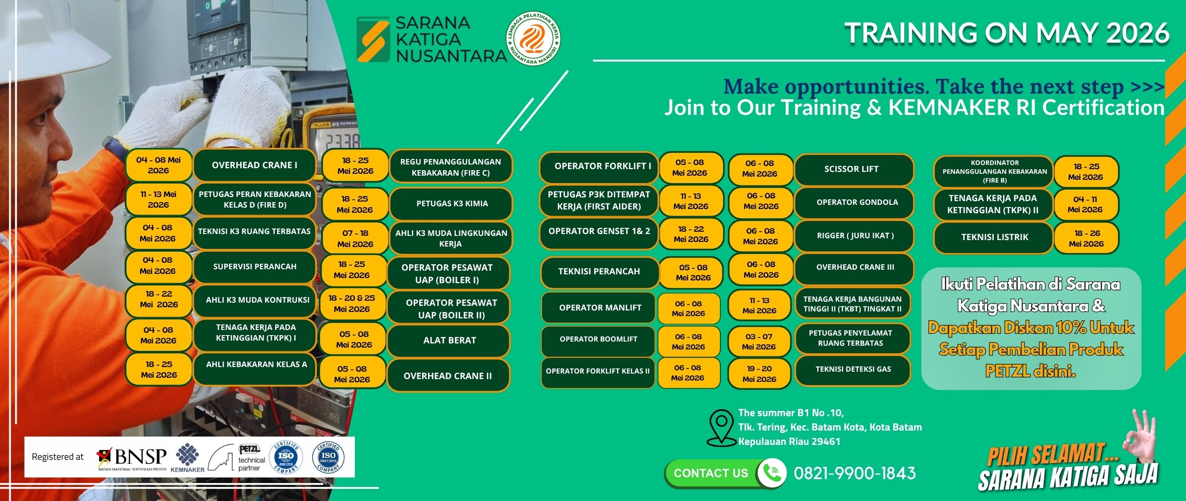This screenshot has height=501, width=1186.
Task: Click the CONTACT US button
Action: point(711,473)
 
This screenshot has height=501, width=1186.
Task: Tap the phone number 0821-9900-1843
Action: point(855,473)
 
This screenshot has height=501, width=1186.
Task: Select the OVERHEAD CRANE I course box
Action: point(254,165)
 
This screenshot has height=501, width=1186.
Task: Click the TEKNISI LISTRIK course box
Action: point(994,237)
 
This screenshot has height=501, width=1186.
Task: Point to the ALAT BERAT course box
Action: point(449,340)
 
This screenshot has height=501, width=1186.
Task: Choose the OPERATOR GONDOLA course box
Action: point(854,203)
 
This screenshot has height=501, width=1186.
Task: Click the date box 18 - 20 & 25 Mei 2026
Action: point(352,304)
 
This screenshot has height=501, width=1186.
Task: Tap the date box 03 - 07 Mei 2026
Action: point(759,342)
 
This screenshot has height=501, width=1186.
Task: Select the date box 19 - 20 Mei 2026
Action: point(759,374)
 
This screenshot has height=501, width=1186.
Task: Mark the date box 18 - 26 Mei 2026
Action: point(1086,238)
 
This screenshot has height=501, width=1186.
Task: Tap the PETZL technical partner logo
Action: point(236,457)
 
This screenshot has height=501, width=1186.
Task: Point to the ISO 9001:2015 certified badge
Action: point(328,457)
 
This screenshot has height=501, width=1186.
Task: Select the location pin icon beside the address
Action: point(721,427)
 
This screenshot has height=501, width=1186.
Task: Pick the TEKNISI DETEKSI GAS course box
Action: point(853,369)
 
